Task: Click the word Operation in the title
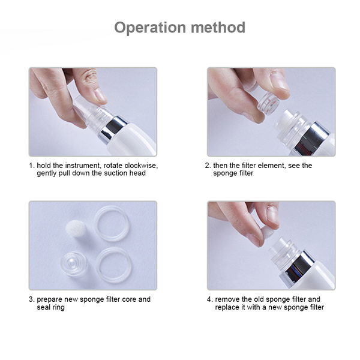[x=150, y=28]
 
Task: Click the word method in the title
[x=218, y=28]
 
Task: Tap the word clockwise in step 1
[x=141, y=166]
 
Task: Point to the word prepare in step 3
[x=50, y=299]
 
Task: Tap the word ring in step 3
[x=58, y=308]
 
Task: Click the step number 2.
[x=208, y=166]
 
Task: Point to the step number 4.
[x=209, y=299]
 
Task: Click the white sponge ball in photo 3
[x=76, y=229]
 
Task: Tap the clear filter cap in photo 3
[x=73, y=263]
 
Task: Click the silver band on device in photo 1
[x=113, y=130]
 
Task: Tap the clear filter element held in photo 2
[x=268, y=104]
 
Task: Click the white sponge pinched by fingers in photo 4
[x=268, y=235]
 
